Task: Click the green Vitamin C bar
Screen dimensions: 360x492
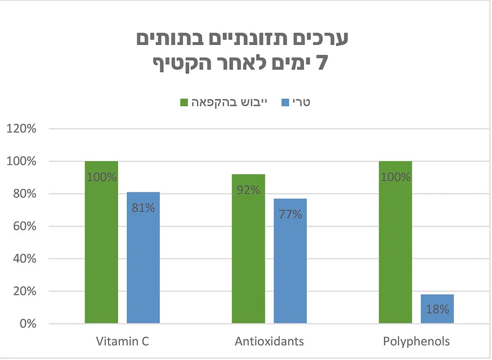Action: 101,247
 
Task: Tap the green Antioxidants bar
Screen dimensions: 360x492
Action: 248,253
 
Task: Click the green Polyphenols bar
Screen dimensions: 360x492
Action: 395,247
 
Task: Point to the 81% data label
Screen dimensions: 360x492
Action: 143,208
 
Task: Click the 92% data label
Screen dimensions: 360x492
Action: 248,190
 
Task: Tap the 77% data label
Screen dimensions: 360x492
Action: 290,214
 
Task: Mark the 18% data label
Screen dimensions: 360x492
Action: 437,309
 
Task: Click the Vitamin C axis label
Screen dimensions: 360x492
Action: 122,341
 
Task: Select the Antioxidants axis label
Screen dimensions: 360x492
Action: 269,341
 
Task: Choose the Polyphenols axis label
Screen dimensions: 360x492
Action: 416,341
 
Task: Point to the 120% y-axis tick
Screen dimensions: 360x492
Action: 21,129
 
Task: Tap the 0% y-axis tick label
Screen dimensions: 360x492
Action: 26,324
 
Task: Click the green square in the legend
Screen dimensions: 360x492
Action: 184,102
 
